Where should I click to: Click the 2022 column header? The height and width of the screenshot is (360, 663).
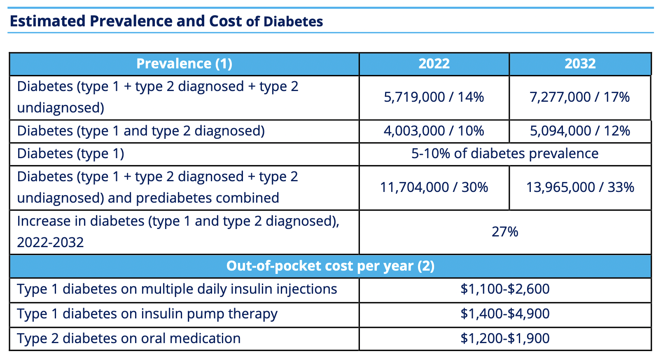434,64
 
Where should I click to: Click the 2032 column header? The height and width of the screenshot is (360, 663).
580,64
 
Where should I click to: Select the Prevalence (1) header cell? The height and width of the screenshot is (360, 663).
184,64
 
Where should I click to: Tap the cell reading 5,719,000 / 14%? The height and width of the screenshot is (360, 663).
434,97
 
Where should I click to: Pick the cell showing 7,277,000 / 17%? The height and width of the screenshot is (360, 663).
580,97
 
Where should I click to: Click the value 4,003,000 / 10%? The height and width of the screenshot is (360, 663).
434,131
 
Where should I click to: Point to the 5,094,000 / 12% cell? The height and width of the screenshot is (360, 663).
580,131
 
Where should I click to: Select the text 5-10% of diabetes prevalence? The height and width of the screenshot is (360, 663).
505,154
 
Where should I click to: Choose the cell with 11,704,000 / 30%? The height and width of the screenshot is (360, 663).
434,187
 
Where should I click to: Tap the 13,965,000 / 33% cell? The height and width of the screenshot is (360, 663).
580,187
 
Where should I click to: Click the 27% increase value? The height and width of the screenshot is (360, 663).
505,232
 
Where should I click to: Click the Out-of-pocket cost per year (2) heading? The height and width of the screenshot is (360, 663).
330,266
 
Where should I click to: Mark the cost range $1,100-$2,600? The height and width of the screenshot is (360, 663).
505,289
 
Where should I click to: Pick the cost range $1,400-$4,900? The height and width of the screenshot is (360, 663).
505,314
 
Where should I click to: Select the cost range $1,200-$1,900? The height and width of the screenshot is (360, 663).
505,339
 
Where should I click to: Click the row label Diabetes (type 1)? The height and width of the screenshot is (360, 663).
70,154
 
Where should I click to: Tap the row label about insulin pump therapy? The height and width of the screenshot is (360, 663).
147,314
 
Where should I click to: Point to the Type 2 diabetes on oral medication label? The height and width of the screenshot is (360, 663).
128,339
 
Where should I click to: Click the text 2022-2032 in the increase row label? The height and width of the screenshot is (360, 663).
50,242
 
